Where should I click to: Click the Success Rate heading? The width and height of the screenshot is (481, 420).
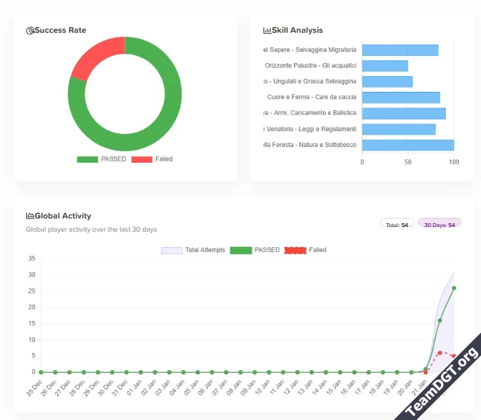[60, 30]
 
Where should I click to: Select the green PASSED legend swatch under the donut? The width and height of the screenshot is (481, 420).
[87, 159]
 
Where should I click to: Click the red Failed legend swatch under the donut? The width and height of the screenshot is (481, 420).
[142, 159]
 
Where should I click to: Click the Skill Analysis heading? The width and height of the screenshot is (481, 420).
[297, 30]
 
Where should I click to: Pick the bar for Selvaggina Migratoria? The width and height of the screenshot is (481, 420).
[400, 50]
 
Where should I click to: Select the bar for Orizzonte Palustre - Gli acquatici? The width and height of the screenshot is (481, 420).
[385, 66]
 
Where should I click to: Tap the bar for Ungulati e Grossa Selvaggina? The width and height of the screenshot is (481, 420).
[387, 81]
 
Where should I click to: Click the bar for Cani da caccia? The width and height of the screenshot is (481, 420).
[400, 97]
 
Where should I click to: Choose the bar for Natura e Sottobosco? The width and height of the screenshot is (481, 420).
[408, 145]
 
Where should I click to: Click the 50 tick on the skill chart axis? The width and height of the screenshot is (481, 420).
[408, 162]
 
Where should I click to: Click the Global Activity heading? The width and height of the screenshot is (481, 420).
[63, 216]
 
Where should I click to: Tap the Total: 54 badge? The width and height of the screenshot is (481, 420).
[397, 225]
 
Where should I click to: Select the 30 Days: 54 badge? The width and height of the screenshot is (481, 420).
[440, 225]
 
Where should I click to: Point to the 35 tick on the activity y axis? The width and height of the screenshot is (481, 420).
[31, 259]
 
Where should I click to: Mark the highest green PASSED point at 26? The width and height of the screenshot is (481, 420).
[453, 287]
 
